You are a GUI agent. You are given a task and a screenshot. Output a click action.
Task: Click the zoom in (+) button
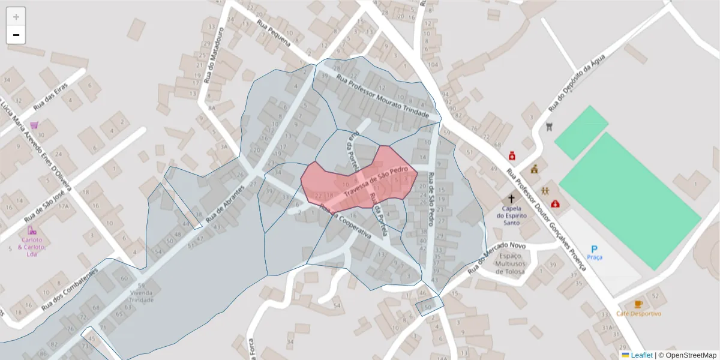pyautogui.click(x=16, y=17)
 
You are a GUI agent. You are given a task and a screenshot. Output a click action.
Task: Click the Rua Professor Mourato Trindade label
pyautogui.click(x=383, y=97)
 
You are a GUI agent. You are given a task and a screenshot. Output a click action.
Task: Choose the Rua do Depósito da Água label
pyautogui.click(x=577, y=82)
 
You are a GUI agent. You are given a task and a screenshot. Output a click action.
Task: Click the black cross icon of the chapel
pyautogui.click(x=512, y=199)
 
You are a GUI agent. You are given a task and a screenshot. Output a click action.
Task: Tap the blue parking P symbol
pyautogui.click(x=595, y=248)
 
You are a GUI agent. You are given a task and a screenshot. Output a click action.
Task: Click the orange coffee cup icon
pyautogui.click(x=638, y=304)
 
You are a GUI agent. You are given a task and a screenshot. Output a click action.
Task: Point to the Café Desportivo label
pyautogui.click(x=638, y=314)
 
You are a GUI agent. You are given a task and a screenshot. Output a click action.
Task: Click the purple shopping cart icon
pyautogui.click(x=34, y=125)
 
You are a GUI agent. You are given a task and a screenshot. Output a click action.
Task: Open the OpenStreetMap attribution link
pyautogui.click(x=691, y=355)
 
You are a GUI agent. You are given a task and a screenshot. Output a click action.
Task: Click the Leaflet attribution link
pyautogui.click(x=641, y=355)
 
